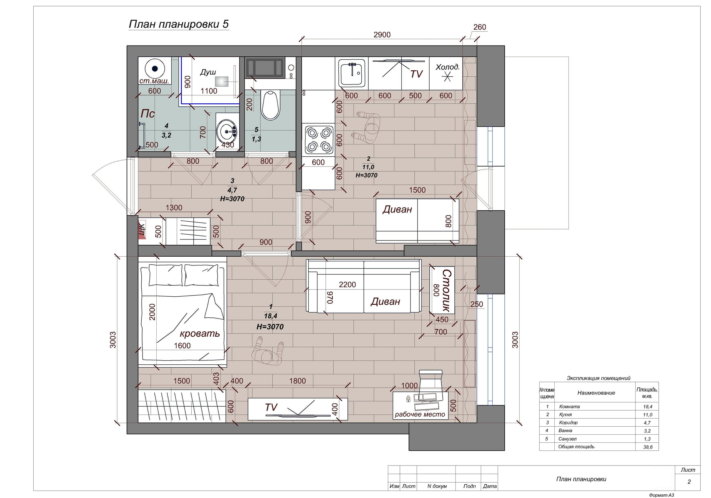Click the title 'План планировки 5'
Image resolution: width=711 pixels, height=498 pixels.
click(x=179, y=24)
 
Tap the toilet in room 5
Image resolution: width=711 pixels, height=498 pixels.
click(x=271, y=105)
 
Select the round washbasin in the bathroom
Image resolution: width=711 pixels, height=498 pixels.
click(x=227, y=131)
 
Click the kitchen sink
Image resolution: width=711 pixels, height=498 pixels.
click(x=352, y=73)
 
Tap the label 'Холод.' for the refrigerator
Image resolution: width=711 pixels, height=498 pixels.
click(x=447, y=67)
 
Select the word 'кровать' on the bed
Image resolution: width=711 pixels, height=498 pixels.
click(x=200, y=334)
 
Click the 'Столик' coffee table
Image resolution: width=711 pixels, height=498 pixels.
click(x=442, y=290)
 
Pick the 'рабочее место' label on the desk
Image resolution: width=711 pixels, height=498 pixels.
click(x=420, y=414)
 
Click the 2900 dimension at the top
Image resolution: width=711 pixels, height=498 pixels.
click(x=382, y=35)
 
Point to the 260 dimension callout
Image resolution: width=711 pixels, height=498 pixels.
click(x=480, y=27)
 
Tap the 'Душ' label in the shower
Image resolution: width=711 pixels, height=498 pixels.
click(x=208, y=72)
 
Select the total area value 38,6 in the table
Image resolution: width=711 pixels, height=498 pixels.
click(x=647, y=447)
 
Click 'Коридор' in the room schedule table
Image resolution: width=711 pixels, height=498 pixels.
click(x=568, y=422)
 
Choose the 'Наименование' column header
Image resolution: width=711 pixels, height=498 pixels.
click(x=596, y=393)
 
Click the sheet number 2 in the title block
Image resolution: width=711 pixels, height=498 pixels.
click(x=689, y=482)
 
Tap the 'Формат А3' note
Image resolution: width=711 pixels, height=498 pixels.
click(x=662, y=495)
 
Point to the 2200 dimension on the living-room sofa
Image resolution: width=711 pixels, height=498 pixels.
click(x=347, y=284)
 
